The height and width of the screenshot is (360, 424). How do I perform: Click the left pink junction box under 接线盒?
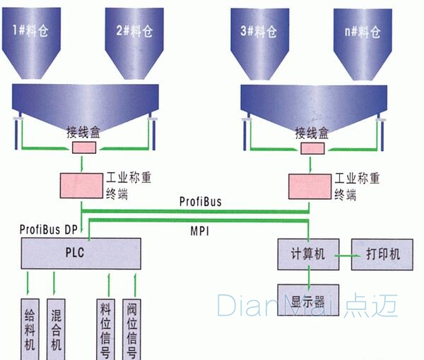[84, 147]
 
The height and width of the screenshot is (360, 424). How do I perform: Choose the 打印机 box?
[383, 254]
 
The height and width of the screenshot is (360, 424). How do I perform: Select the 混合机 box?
[56, 328]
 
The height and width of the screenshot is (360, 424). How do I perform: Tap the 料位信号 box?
[105, 328]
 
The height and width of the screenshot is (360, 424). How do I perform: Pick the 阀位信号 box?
[132, 328]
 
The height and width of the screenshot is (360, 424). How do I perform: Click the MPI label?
[199, 230]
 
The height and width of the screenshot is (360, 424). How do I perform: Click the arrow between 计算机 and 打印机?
[343, 254]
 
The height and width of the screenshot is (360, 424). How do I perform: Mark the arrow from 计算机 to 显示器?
[308, 277]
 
